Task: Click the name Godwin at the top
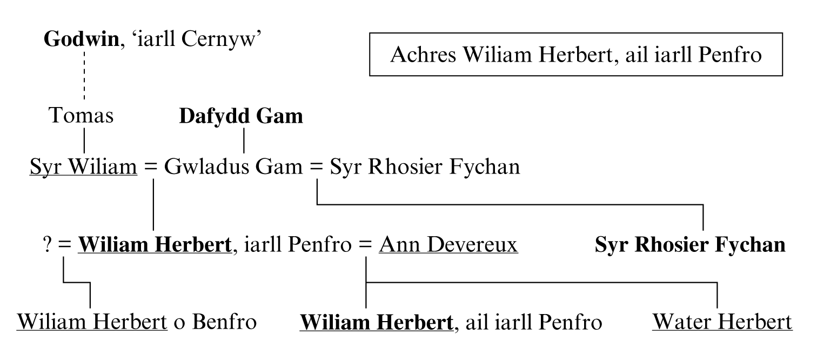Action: [81, 40]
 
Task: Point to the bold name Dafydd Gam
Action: [241, 116]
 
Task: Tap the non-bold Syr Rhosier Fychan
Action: [418, 168]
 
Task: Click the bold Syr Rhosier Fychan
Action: [690, 245]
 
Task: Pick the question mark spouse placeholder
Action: [47, 245]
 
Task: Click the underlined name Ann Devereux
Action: [448, 245]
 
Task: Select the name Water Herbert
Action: [722, 323]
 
